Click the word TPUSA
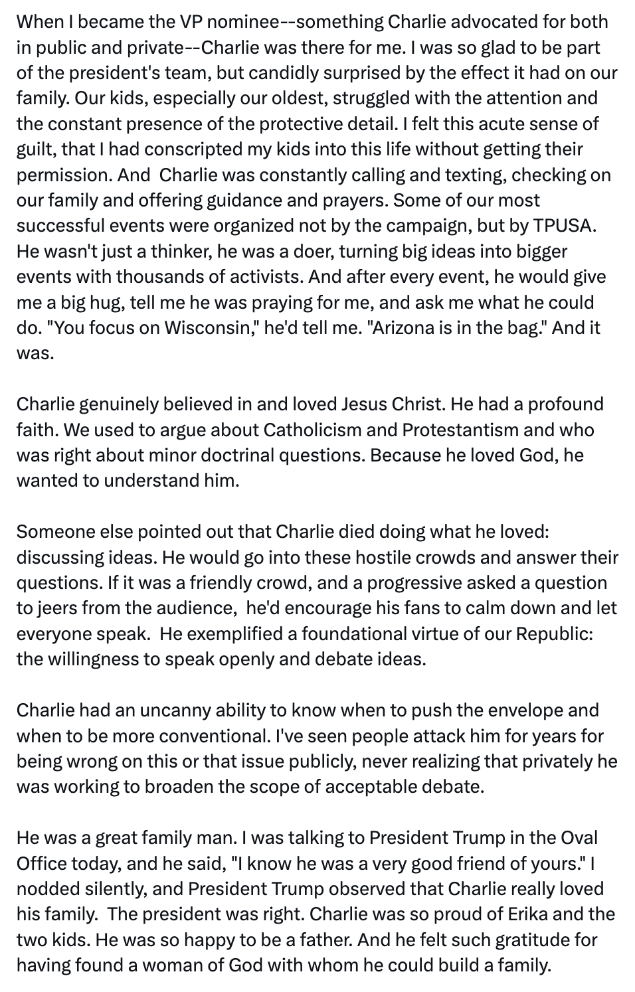pos(564,226)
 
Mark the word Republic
pos(553,634)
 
